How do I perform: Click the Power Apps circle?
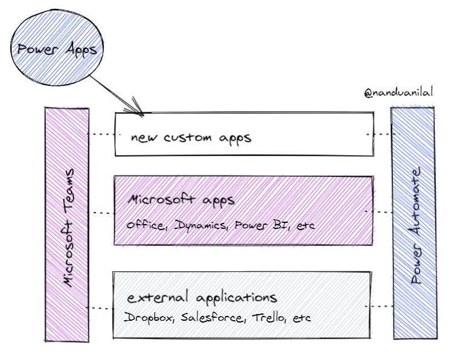point(57,48)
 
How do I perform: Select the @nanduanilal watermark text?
point(398,93)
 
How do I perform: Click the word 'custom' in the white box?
point(188,137)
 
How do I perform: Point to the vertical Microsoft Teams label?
point(69,228)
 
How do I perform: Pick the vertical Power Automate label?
point(415,226)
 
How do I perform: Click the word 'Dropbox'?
point(148,318)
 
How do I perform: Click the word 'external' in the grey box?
point(158,297)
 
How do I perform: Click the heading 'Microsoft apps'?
point(181,200)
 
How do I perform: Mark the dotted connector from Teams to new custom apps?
point(102,134)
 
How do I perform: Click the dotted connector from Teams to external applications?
point(101,308)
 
